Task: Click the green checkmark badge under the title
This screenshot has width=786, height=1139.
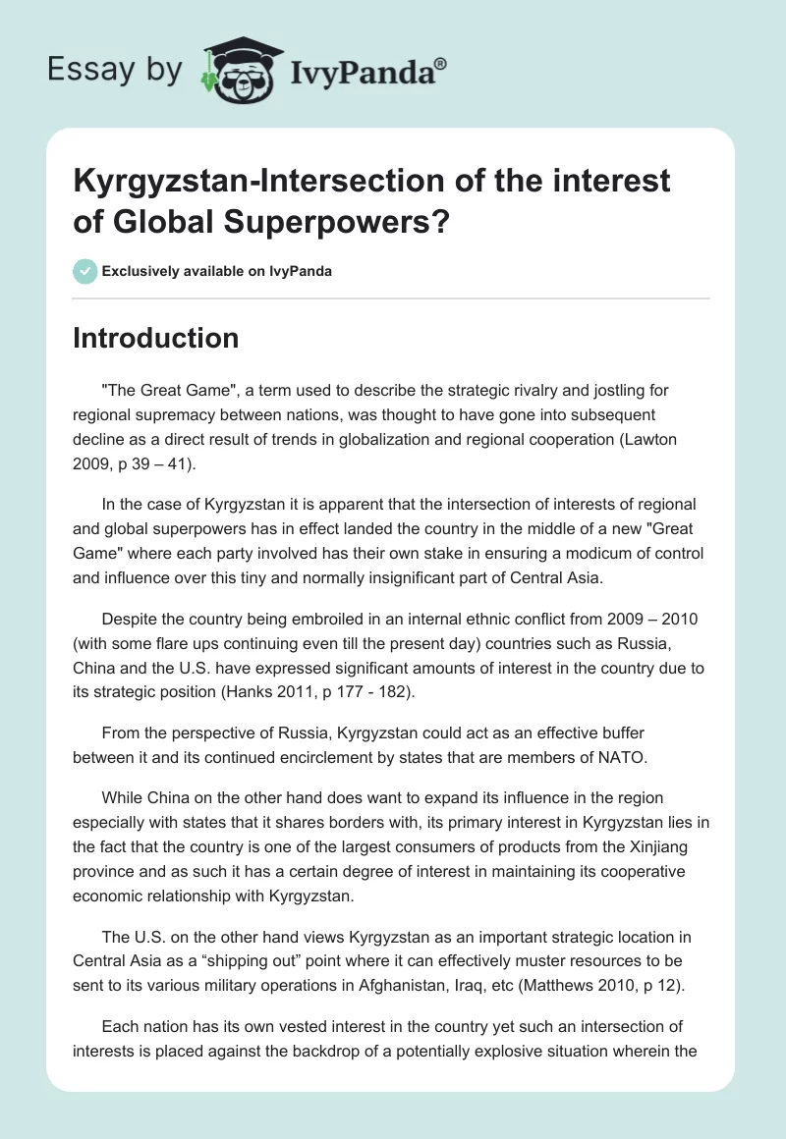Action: [x=85, y=271]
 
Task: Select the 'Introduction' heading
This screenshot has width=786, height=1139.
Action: [x=156, y=338]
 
